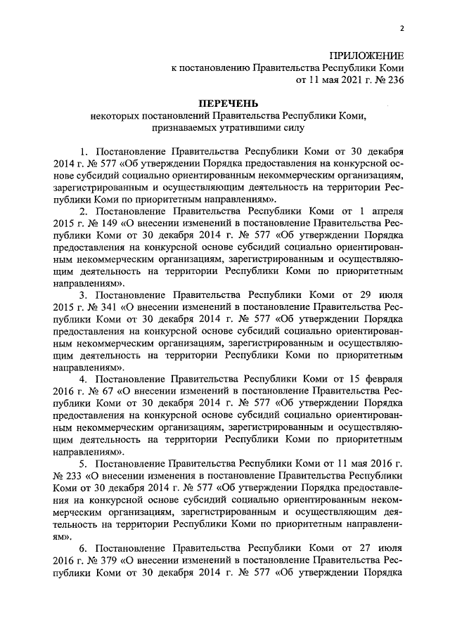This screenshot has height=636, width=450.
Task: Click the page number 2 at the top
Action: [x=401, y=29]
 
